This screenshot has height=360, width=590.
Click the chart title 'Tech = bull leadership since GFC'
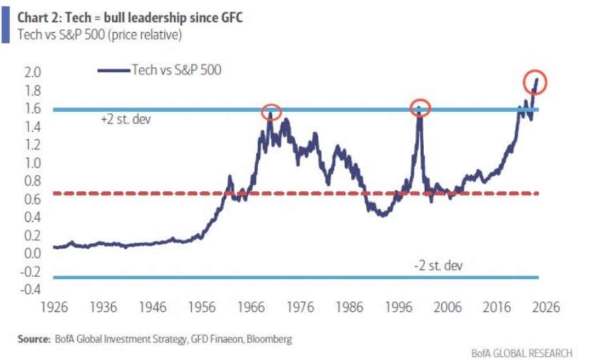pos(130,17)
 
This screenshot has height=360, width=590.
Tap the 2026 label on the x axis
pos(544,306)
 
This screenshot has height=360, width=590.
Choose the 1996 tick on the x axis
pos(399,306)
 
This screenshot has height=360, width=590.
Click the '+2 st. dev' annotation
pos(125,120)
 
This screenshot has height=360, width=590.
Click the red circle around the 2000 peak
pos(420,108)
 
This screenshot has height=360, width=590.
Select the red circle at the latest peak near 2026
pos(534,83)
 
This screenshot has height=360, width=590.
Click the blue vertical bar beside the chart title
pos(5,26)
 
